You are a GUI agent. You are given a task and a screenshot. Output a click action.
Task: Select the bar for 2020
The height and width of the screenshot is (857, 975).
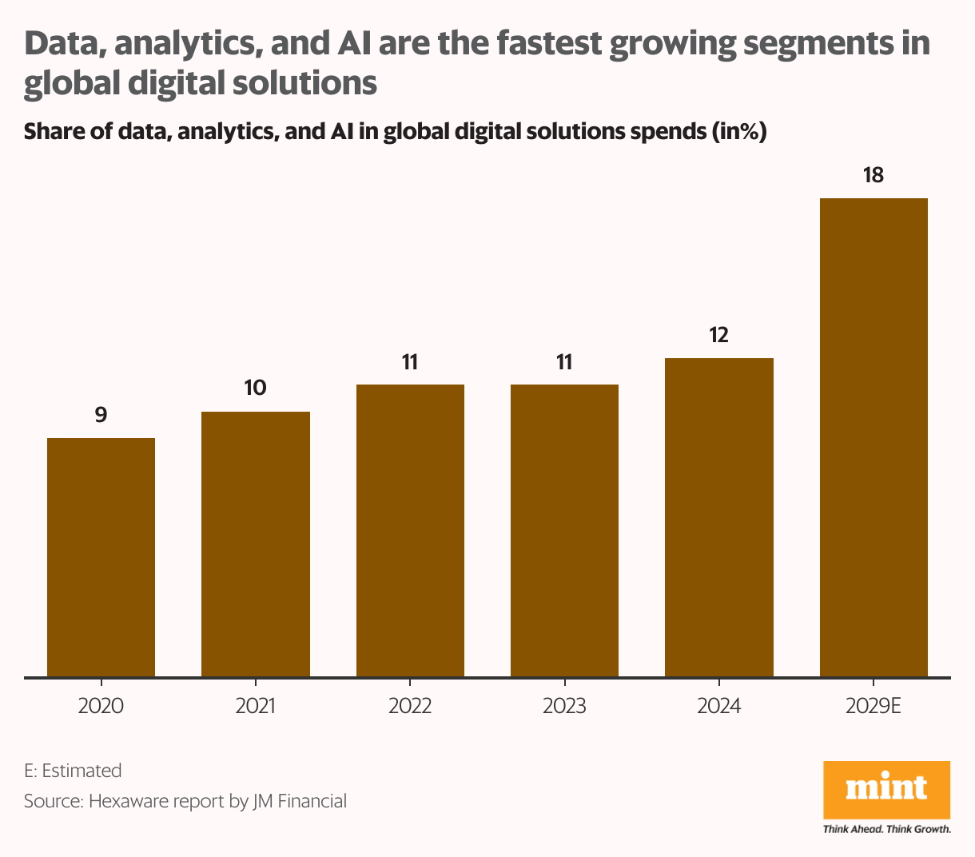[101, 557]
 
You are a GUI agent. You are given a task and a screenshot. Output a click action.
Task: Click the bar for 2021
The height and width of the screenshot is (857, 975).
[256, 544]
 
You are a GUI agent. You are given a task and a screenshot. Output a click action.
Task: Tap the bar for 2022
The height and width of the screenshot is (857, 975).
[410, 531]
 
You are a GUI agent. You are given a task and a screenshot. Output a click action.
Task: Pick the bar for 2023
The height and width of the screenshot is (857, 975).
[564, 531]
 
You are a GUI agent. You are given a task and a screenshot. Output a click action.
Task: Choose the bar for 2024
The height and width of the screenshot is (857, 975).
[719, 517]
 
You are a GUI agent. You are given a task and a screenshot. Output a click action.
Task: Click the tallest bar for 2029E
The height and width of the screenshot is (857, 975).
[874, 437]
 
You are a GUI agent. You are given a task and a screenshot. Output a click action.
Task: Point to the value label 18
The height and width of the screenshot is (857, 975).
[874, 175]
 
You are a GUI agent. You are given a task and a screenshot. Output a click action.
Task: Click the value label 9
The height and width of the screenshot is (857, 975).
[101, 415]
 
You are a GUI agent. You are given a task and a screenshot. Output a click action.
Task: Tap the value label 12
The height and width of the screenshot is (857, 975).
[719, 335]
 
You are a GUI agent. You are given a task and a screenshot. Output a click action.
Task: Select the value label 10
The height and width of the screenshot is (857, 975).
[256, 389]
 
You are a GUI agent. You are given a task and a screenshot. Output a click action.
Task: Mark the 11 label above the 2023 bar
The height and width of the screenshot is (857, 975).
[564, 362]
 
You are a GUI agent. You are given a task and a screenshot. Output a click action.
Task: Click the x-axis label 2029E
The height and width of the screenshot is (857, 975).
[874, 707]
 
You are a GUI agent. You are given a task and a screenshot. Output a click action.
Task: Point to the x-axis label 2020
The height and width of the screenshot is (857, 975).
[101, 707]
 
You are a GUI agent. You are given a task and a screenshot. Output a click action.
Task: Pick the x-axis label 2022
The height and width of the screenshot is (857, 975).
[410, 707]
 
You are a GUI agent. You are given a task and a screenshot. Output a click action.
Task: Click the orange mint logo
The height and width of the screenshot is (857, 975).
[886, 789]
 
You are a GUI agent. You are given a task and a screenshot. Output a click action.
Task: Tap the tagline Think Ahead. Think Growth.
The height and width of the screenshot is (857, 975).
[886, 829]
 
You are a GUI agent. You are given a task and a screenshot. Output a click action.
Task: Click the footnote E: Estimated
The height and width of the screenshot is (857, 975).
[73, 771]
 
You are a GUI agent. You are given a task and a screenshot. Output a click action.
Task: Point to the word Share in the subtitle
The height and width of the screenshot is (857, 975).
[51, 131]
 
